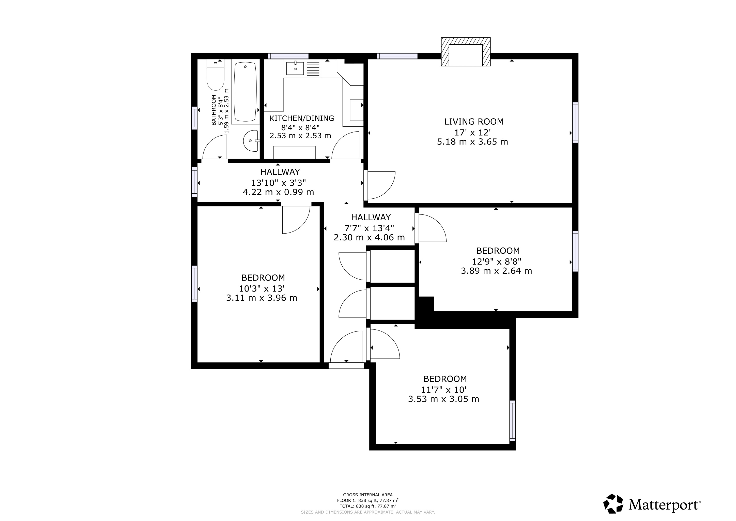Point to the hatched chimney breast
pos(466,52)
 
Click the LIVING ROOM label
pos(474,122)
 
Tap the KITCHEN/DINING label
pos(302,118)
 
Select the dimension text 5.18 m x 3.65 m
pos(472,141)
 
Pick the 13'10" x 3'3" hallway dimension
pos(278,183)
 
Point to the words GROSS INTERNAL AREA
pos(368,495)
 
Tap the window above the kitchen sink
pos(288,56)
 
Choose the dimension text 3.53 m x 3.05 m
pos(444,399)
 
